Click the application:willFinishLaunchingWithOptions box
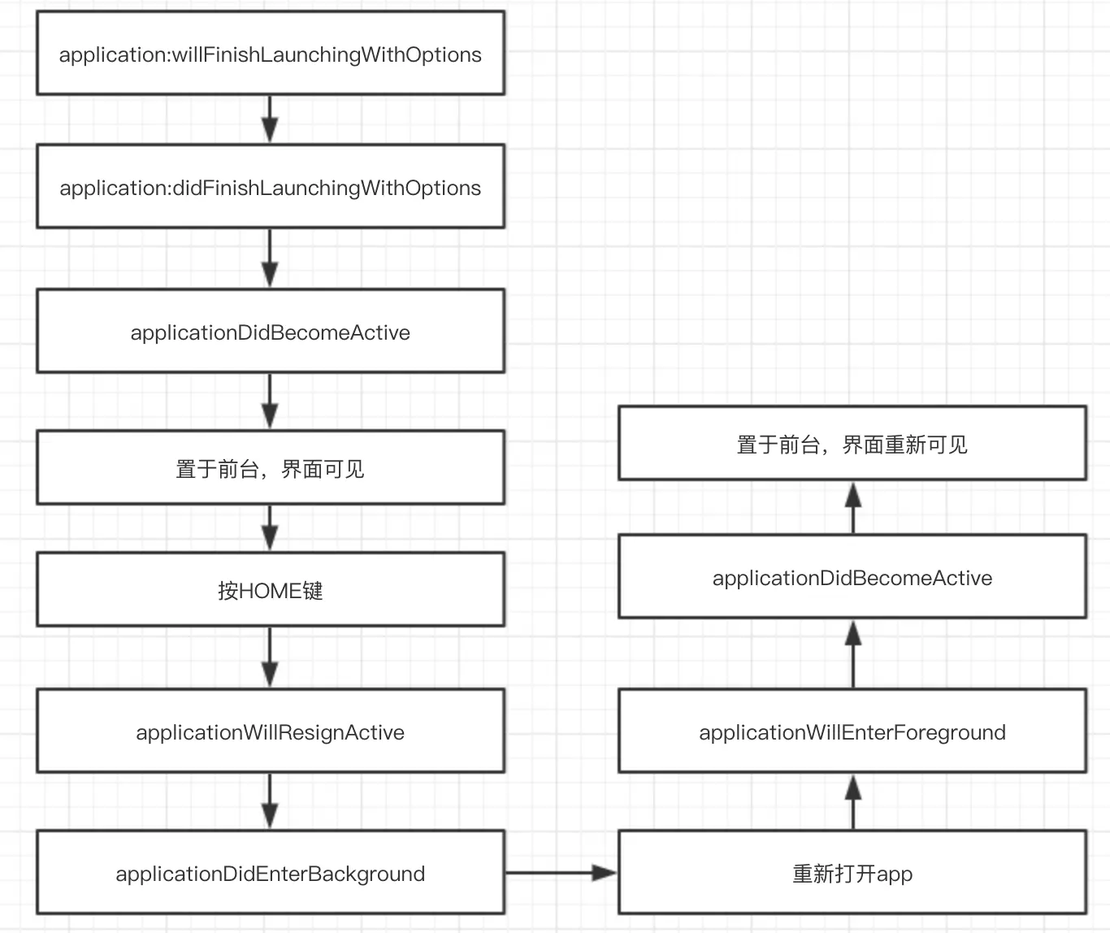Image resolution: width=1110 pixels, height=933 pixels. (271, 54)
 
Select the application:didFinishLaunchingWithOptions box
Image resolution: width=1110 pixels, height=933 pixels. (271, 187)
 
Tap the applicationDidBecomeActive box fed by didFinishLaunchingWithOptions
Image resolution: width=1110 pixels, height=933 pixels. (271, 332)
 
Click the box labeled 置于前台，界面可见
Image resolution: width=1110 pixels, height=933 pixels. (271, 468)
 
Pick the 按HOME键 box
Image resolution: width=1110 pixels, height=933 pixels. (271, 590)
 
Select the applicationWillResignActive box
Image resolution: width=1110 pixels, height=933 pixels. (271, 731)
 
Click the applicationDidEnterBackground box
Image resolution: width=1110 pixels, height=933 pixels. (271, 873)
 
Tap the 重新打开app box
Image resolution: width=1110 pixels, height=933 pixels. (852, 873)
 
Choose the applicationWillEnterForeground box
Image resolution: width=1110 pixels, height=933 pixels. (852, 731)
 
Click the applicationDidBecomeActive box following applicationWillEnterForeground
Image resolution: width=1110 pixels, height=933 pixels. (852, 577)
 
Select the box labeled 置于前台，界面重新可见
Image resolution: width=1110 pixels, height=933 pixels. (852, 444)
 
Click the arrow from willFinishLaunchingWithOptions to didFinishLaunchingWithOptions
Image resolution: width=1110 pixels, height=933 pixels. (270, 119)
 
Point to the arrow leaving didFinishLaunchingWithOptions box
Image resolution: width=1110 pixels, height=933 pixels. (270, 258)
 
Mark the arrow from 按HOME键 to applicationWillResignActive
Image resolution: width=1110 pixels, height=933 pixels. (270, 657)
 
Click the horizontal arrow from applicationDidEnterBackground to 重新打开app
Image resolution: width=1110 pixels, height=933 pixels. (561, 873)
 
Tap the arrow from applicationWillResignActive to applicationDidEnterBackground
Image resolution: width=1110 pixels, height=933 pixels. (270, 801)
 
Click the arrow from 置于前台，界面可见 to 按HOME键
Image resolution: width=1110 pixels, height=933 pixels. (270, 528)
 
